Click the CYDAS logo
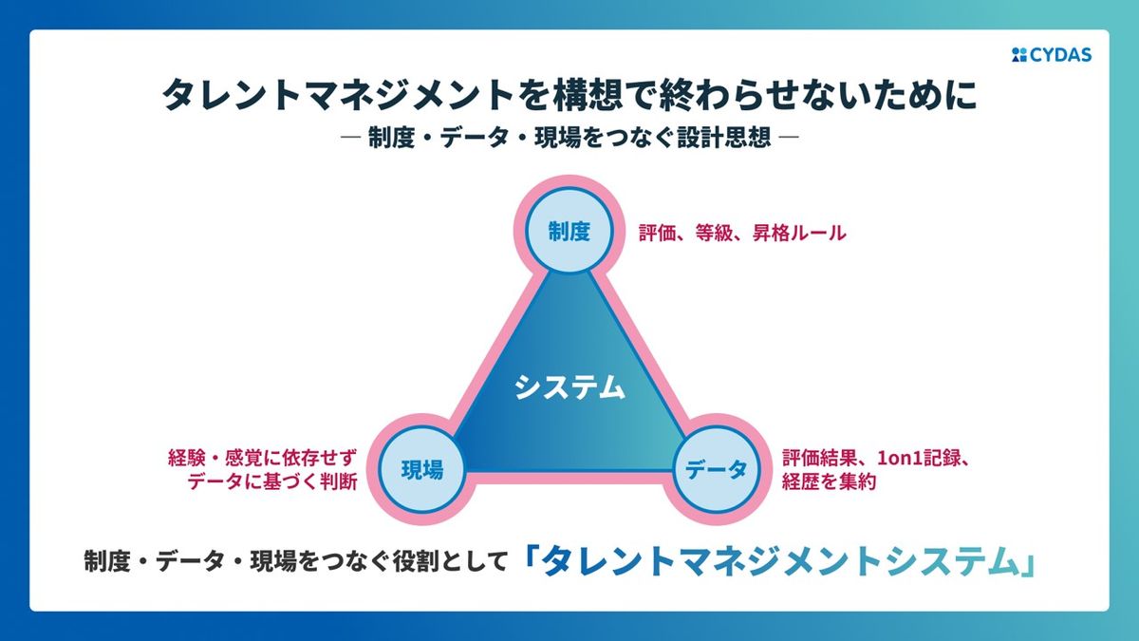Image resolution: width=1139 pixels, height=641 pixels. click(x=1052, y=55)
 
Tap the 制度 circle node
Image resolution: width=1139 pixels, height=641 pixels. click(x=569, y=232)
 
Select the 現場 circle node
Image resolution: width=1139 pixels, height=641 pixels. click(x=421, y=469)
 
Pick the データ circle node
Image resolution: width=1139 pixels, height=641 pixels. click(x=717, y=469)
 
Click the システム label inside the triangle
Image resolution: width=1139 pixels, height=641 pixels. click(x=569, y=387)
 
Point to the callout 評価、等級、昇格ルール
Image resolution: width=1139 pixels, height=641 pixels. click(x=741, y=233)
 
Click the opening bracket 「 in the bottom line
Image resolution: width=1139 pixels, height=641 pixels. click(x=530, y=560)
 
